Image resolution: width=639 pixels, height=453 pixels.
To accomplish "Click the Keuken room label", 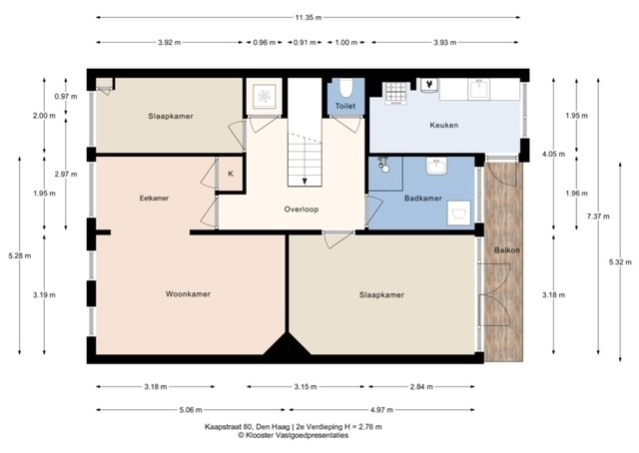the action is (x=443, y=125).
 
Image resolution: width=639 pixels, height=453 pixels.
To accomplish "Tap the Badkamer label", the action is (x=423, y=199).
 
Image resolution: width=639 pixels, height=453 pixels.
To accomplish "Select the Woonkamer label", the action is (x=188, y=294).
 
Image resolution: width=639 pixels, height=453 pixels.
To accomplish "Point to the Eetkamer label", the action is (x=154, y=199).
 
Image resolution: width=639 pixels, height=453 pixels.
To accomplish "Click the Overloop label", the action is (x=302, y=210).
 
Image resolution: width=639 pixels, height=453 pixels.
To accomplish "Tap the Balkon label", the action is (x=507, y=250).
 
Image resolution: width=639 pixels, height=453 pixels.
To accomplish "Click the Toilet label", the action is (x=345, y=106).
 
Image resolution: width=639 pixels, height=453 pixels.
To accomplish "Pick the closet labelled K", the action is (x=231, y=174).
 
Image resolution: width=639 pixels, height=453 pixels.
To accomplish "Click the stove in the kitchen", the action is (x=395, y=93).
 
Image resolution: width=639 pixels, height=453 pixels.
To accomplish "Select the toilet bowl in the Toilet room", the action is (x=346, y=88).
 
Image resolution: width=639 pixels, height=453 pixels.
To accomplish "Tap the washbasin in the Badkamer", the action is (x=436, y=167).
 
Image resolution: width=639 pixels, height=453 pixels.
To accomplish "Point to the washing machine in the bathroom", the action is (x=459, y=213).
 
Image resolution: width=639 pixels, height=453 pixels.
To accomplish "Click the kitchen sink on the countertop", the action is (x=479, y=89).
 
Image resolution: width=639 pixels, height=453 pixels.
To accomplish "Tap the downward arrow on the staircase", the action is (x=305, y=180).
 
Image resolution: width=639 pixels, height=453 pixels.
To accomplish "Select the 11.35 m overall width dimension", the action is (x=309, y=18).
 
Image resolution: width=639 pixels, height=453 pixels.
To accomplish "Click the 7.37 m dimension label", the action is (x=598, y=217).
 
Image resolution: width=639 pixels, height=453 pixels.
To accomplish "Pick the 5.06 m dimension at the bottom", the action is (x=191, y=410).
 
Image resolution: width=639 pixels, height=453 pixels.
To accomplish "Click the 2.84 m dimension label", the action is (x=421, y=386).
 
